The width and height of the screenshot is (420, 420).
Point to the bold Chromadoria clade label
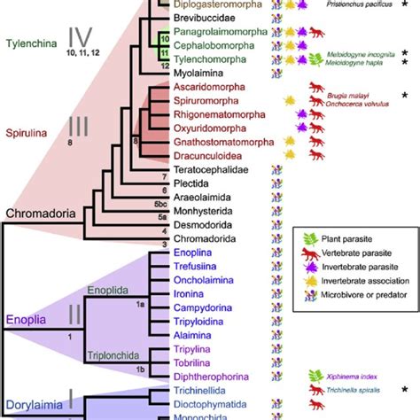coord(37,214)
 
